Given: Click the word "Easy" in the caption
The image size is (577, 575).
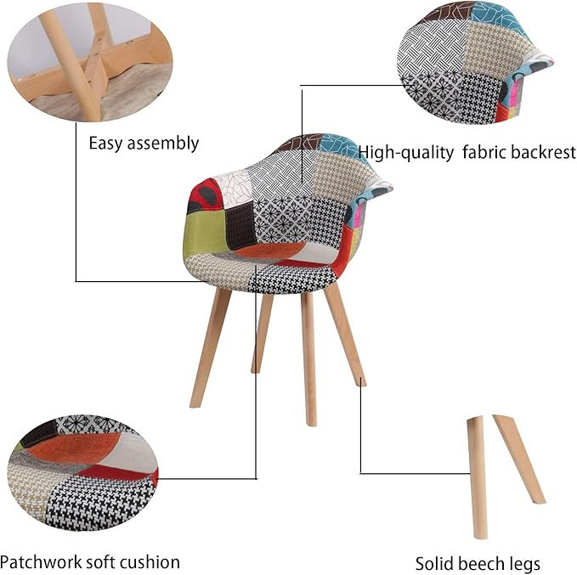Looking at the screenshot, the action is pos(105,143).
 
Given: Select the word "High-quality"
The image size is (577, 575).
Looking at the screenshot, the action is pos(407,153).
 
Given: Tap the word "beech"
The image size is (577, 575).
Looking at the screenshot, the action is pos(480,564).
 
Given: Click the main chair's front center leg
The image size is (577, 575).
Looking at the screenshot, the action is pos(308,357).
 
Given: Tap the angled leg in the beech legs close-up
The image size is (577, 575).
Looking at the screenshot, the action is pos(519,459).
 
